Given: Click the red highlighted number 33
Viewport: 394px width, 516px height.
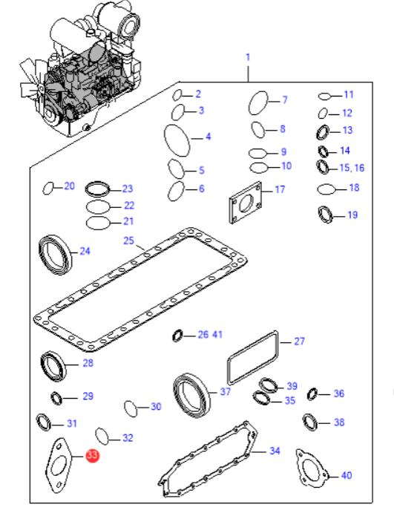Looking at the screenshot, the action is click(92, 455).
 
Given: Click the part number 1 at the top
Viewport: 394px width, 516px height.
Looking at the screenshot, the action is click(248, 57).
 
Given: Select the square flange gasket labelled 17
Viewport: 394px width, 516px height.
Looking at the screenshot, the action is click(246, 203).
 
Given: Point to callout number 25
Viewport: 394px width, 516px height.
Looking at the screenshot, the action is click(128, 241).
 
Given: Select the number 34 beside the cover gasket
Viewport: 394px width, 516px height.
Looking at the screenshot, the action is click(275, 451).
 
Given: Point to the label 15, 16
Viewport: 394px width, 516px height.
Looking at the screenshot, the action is click(352, 168).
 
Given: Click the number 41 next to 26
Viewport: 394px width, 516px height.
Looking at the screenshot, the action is click(217, 335).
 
